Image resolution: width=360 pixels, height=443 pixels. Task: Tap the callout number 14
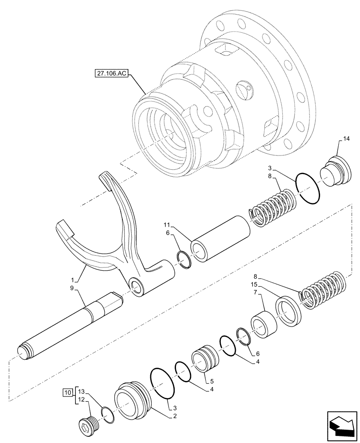click(x=346, y=139)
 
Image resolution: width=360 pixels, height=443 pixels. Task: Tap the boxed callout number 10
click(x=67, y=392)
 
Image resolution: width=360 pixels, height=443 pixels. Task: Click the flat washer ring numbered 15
click(x=288, y=313)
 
